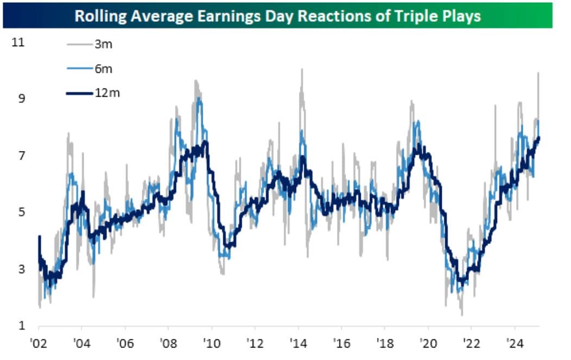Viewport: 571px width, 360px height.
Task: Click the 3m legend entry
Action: tap(103, 45)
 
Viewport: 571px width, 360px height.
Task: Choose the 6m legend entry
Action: tap(103, 69)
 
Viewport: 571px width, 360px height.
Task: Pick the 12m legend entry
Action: tap(106, 93)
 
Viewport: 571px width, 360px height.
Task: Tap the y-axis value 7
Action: tap(22, 155)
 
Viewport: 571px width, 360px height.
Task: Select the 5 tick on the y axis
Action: tap(22, 212)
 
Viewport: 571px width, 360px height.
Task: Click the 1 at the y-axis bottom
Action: tap(22, 325)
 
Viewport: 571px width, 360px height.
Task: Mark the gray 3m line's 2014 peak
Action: tap(300, 70)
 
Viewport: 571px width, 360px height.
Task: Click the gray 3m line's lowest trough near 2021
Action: tap(462, 314)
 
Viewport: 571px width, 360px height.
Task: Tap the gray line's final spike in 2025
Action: tap(538, 73)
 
